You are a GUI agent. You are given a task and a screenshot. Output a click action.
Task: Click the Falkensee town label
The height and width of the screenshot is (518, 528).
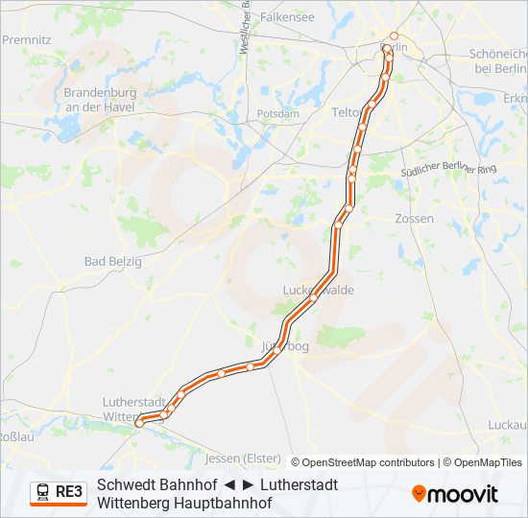[287, 17]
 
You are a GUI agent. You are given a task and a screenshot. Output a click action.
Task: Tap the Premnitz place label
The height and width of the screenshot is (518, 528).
[26, 40]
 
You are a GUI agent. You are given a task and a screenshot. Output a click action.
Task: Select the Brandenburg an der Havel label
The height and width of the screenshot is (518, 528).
[100, 100]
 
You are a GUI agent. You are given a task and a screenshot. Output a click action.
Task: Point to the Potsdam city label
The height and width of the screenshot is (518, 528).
[278, 113]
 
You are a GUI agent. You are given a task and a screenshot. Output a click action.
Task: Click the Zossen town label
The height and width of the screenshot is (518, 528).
[414, 219]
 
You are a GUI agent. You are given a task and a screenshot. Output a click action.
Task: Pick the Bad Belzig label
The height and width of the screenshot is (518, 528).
[112, 261]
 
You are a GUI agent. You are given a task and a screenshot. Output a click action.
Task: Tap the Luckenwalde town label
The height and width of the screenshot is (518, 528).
[319, 290]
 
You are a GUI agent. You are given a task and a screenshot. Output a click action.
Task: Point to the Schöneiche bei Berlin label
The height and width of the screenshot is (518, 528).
[497, 61]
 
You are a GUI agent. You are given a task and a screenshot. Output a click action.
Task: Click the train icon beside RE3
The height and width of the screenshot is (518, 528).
[43, 492]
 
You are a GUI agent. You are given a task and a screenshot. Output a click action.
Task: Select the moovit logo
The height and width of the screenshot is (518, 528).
[455, 494]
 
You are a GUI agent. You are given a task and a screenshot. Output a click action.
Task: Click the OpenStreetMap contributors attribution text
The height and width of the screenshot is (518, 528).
[369, 462]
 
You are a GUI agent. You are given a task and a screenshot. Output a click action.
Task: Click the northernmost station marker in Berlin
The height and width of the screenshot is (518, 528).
[394, 36]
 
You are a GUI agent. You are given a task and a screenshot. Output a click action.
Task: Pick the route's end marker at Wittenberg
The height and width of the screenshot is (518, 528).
[139, 422]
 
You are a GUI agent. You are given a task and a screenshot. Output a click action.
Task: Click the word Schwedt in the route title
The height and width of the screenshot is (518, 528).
[125, 484]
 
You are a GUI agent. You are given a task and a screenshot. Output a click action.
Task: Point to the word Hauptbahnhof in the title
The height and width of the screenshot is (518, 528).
[227, 503]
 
